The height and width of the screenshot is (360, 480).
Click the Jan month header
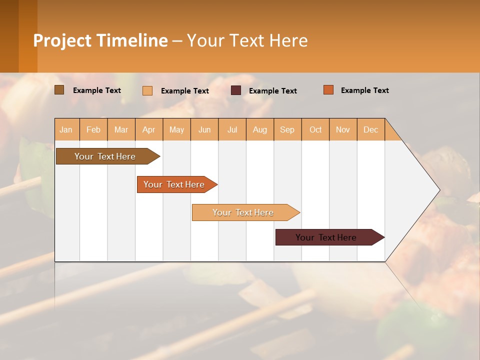pos(66,129)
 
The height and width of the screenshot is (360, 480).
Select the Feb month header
pos(93,129)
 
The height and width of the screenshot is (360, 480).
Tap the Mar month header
pos(121,129)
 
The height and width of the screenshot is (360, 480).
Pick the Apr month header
pos(148,129)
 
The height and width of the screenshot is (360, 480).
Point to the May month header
pos(176,129)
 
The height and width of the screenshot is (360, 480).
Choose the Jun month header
pos(204,129)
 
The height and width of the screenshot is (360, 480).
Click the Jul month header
pos(232,129)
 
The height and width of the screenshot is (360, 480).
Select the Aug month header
pos(260,129)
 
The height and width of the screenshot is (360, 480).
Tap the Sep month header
pos(287,129)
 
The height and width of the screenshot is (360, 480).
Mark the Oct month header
pos(315,129)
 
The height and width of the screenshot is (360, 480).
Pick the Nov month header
pos(343,129)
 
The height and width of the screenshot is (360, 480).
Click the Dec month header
pos(371,129)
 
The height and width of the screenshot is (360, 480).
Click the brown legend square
pos(59,90)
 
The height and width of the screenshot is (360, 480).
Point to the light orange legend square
pos(147,90)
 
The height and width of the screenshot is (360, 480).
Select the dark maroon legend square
pos(236,90)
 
